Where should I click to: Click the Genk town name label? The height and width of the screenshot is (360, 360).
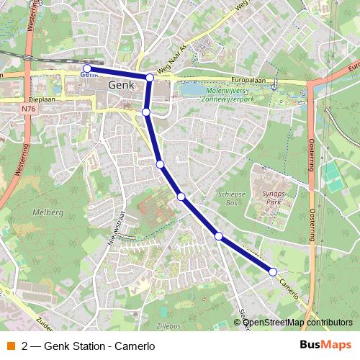pos(120,84)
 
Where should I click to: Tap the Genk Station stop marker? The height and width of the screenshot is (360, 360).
pos(87,68)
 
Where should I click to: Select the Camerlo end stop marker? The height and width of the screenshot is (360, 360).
pos(273,271)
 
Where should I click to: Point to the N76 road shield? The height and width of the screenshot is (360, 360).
pos(27,109)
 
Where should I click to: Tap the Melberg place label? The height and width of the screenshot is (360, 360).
pos(48,212)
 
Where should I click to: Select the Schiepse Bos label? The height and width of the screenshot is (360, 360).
pos(232,199)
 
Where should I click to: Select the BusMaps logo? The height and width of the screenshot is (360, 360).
pos(325,344)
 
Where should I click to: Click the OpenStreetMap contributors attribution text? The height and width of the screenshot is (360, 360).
pos(297,322)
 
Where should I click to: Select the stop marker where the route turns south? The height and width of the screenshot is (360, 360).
pos(150,78)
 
